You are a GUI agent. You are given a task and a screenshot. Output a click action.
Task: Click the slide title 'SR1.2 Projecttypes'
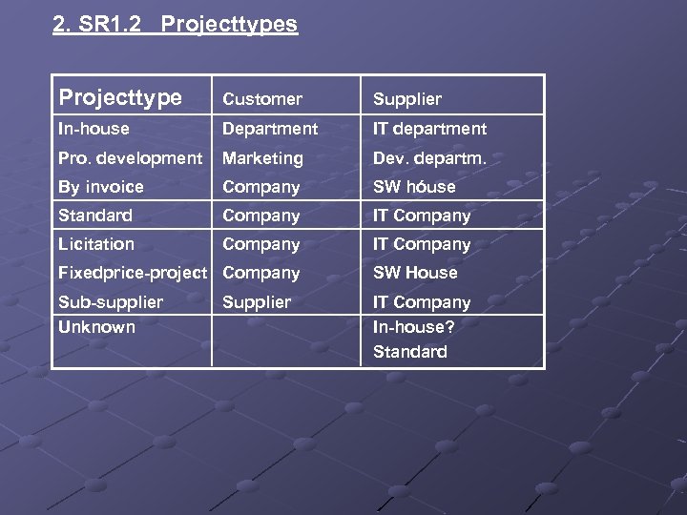click(175, 25)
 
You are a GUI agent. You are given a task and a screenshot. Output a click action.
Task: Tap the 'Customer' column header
click(262, 99)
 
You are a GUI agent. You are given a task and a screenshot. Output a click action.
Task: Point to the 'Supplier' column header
click(407, 99)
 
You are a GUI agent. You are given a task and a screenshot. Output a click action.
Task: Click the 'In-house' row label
click(94, 129)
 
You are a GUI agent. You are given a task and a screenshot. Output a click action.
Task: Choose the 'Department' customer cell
click(270, 129)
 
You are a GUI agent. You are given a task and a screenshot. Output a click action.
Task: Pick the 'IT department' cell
click(429, 129)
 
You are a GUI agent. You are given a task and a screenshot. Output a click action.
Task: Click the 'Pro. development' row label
click(130, 158)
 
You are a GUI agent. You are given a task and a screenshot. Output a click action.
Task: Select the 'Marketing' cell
click(262, 158)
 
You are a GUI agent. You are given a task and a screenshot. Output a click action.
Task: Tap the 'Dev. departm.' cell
click(429, 158)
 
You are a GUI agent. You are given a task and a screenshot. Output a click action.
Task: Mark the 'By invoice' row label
click(101, 187)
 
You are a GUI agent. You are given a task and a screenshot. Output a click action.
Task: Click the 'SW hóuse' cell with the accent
click(414, 187)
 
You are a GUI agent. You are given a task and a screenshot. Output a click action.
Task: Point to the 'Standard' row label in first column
click(95, 216)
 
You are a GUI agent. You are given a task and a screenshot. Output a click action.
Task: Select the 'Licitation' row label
click(96, 244)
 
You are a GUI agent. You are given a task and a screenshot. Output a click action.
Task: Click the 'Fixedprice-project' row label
click(133, 273)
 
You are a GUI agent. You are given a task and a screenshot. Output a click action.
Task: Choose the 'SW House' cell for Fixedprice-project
click(415, 273)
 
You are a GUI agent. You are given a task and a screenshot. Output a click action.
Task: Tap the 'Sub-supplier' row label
click(111, 302)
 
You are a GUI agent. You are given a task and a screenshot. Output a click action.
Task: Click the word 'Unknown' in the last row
click(96, 327)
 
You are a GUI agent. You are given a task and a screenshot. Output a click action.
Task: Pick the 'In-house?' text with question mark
click(414, 327)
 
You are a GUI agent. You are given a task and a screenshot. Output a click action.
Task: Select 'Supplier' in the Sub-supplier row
click(257, 302)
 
